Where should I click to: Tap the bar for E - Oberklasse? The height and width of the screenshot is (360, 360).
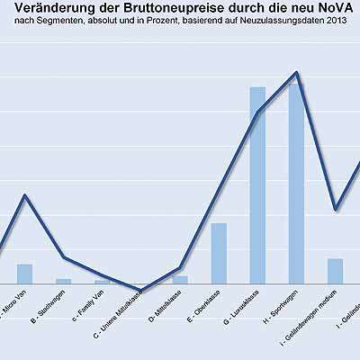point(219,253)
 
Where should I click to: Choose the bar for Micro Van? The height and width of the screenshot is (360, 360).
point(25,274)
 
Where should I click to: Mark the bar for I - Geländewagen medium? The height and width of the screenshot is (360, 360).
point(335,270)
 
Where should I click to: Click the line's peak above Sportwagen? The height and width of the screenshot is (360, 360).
point(296,73)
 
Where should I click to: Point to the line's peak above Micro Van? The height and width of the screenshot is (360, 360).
point(25,195)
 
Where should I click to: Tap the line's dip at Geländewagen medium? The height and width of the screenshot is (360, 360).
point(335,210)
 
